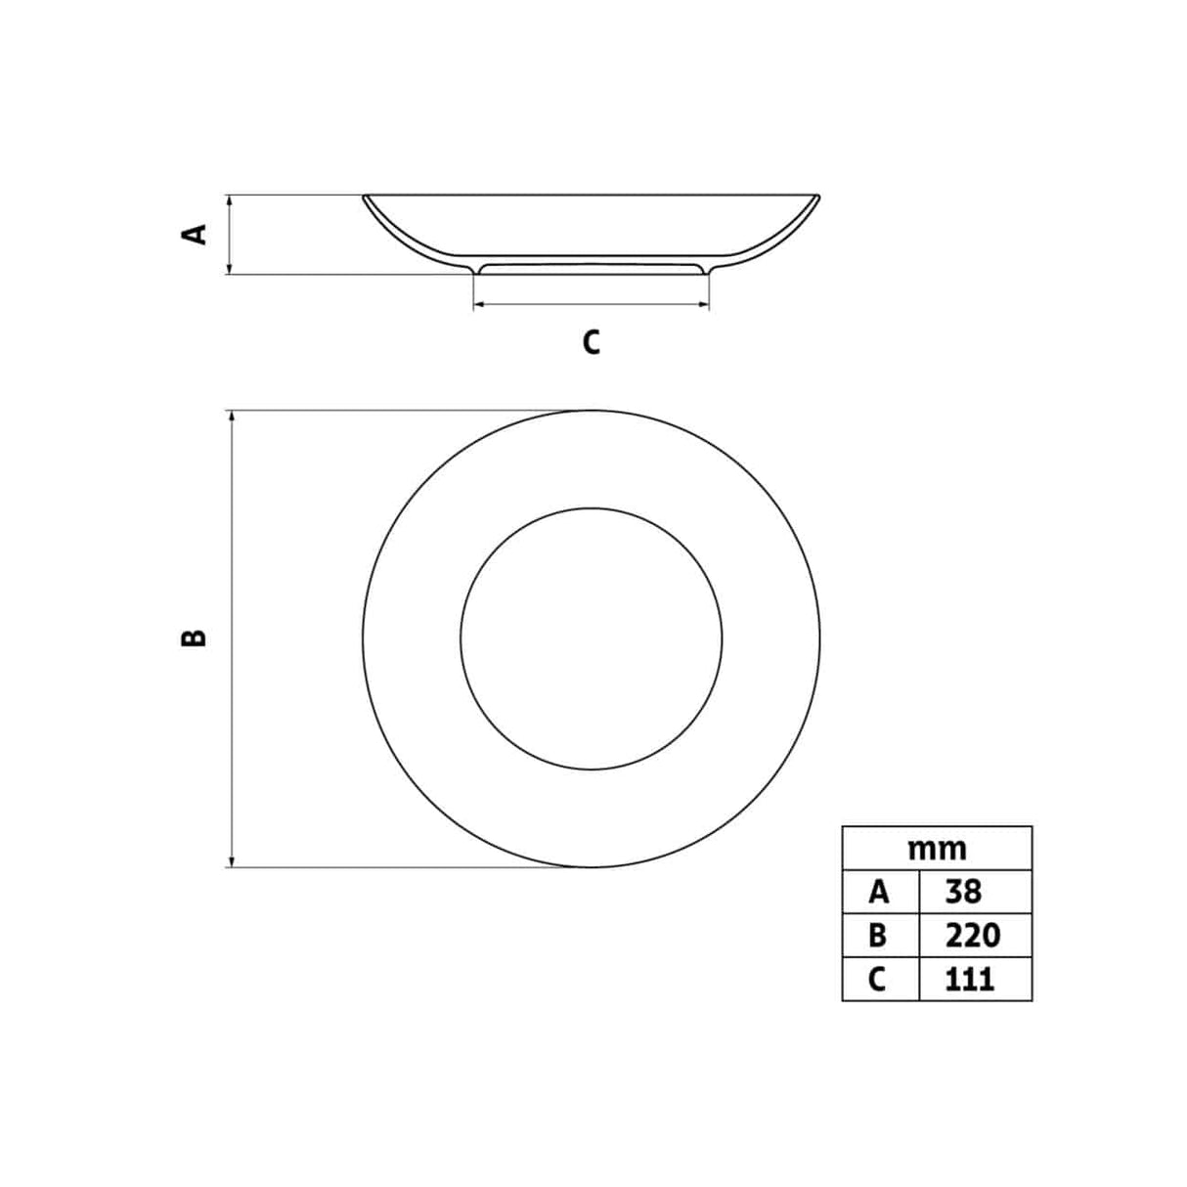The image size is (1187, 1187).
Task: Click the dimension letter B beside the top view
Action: coord(194,637)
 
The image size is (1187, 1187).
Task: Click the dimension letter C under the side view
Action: coord(591,342)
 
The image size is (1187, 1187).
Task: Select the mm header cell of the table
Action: coord(937,850)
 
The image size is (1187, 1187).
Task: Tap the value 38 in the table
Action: coord(963,892)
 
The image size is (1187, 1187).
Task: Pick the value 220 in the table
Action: coord(973,935)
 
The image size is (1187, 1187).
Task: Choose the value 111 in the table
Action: coord(970,979)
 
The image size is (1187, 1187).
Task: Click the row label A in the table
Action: coord(879,892)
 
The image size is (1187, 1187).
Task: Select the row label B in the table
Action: coord(877,935)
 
